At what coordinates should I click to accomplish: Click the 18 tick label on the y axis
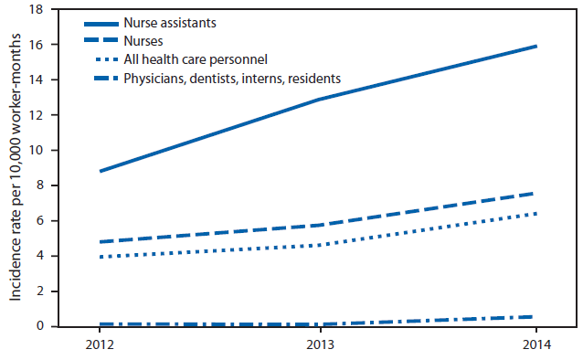pyautogui.click(x=37, y=9)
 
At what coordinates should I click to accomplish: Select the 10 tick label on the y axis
pyautogui.click(x=37, y=150)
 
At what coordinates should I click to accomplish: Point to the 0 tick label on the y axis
pyautogui.click(x=40, y=326)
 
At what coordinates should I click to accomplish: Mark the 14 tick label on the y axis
pyautogui.click(x=37, y=79)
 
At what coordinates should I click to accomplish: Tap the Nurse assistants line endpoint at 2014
pyautogui.click(x=535, y=46)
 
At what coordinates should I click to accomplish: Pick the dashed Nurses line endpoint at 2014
pyautogui.click(x=535, y=193)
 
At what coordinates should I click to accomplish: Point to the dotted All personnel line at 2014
pyautogui.click(x=535, y=214)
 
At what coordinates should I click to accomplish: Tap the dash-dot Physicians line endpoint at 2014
pyautogui.click(x=535, y=317)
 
